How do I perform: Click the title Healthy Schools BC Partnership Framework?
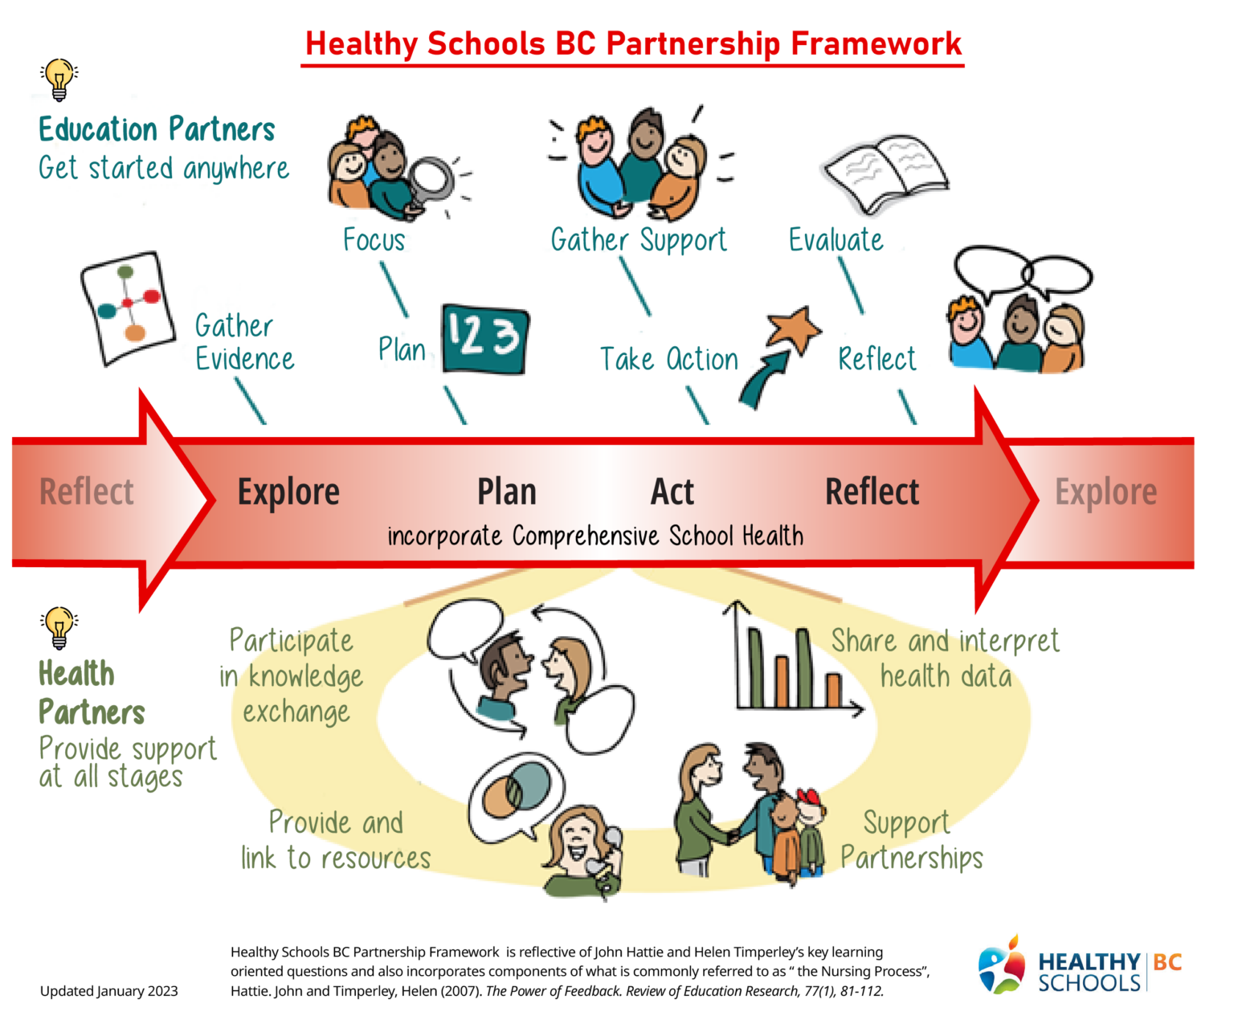point(633,43)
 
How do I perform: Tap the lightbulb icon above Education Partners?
point(59,79)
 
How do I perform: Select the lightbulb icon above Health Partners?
point(59,627)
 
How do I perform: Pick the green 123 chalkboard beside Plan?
point(485,338)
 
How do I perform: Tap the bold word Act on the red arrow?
point(672,492)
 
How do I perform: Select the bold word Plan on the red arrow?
point(506,492)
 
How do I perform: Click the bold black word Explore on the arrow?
point(288,492)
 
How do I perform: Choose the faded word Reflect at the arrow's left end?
point(87,492)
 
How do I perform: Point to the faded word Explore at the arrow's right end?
point(1105,492)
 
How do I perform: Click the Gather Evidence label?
point(244,342)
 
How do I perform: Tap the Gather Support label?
point(639,240)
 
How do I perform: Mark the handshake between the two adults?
point(733,836)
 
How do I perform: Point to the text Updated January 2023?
point(109,991)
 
